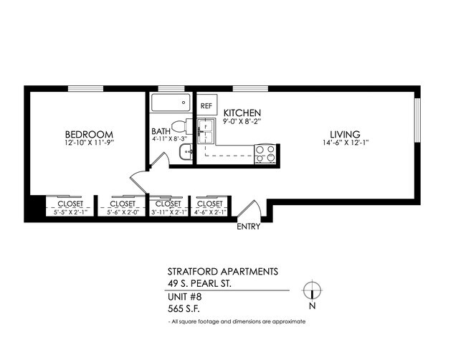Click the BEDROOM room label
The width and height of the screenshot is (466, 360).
(x=90, y=134)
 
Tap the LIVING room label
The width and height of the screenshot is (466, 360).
(x=345, y=134)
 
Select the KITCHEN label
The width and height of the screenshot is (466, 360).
(x=242, y=113)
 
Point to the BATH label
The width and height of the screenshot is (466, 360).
(x=160, y=132)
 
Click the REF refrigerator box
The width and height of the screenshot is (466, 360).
(x=206, y=105)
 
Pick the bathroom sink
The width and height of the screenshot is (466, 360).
(x=185, y=151)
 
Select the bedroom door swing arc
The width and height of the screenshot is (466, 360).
(x=138, y=179)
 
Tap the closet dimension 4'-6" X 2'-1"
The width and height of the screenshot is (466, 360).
(x=209, y=212)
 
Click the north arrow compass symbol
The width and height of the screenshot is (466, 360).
(x=311, y=290)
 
